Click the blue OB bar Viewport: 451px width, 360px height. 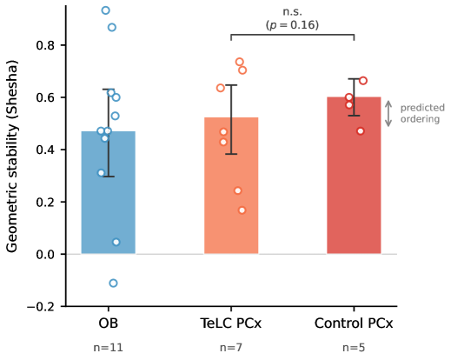click(x=108, y=192)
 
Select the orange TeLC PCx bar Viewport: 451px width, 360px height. click(x=231, y=185)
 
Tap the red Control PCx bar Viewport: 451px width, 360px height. click(x=354, y=176)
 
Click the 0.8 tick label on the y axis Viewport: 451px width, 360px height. click(x=45, y=45)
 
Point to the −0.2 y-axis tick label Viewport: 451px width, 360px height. click(x=41, y=307)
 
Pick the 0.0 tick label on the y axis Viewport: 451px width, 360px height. click(x=45, y=255)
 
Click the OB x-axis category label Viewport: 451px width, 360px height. click(x=109, y=323)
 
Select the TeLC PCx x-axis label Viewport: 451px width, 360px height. click(x=231, y=323)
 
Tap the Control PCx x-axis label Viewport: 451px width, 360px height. click(x=354, y=323)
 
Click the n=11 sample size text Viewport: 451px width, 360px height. click(x=109, y=347)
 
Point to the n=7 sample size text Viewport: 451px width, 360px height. click(x=231, y=347)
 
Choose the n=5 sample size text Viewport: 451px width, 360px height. click(x=354, y=347)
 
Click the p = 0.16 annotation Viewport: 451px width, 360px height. click(x=292, y=25)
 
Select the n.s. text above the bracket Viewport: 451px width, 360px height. click(x=292, y=12)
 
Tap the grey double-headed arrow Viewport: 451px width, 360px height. click(x=388, y=114)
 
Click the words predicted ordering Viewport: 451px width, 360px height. click(x=422, y=113)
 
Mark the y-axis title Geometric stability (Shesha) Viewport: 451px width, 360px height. click(x=12, y=157)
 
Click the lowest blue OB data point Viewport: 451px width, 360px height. click(x=113, y=283)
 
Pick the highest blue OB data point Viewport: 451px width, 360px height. click(x=106, y=10)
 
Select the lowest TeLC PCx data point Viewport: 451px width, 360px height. click(x=242, y=210)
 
